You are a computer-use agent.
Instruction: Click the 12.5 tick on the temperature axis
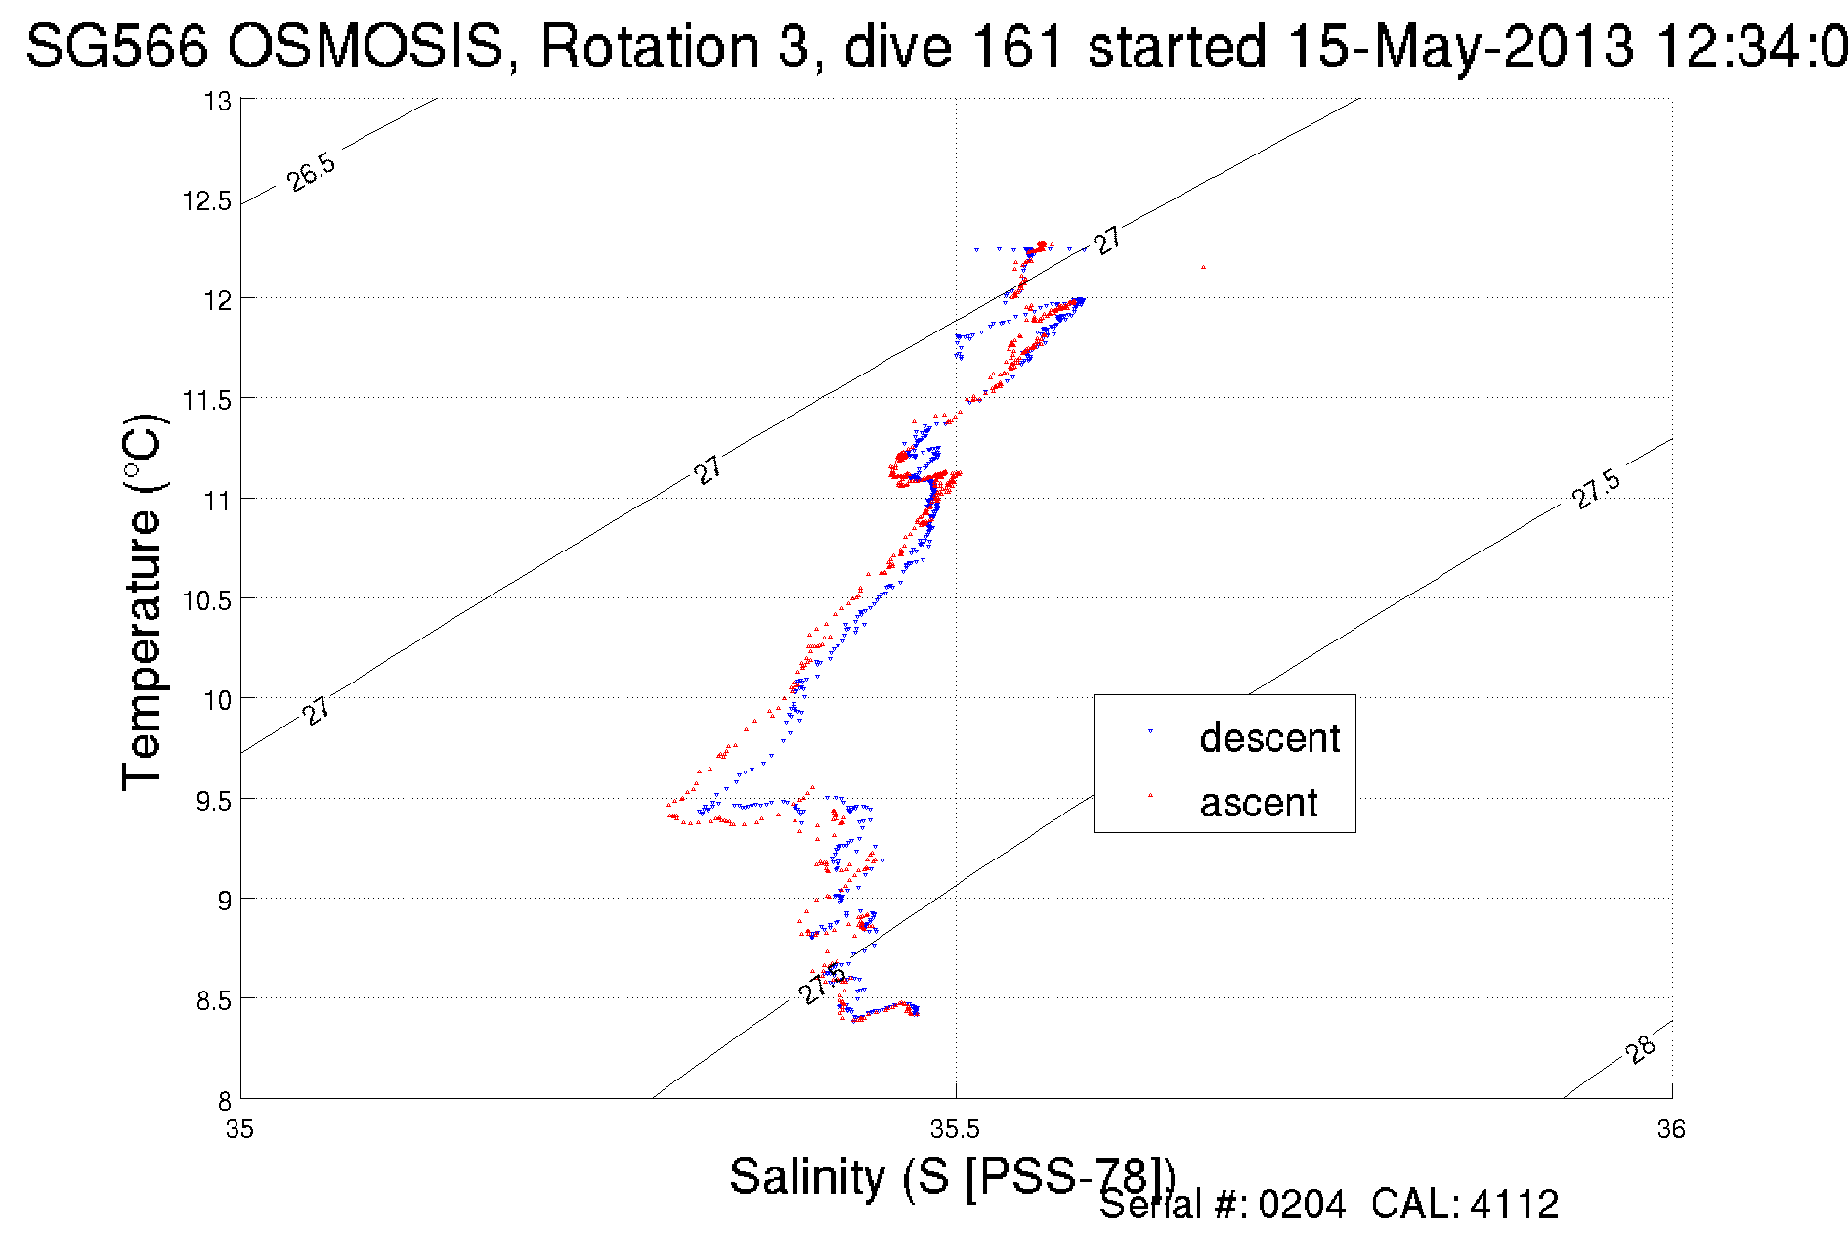[x=206, y=201]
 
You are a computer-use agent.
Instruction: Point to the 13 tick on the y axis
[x=217, y=102]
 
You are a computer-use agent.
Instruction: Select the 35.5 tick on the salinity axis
[x=955, y=1130]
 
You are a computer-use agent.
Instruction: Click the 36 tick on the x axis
[x=1671, y=1130]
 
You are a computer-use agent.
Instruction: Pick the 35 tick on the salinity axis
[x=240, y=1130]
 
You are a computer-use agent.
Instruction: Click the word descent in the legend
[x=1269, y=738]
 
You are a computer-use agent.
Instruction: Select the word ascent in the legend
[x=1259, y=803]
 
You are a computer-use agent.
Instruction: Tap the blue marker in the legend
[x=1150, y=731]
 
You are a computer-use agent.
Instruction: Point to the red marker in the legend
[x=1150, y=795]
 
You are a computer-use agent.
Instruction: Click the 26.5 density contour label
[x=312, y=172]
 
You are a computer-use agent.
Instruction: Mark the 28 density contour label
[x=1642, y=1048]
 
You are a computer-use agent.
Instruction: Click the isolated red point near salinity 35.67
[x=1203, y=267]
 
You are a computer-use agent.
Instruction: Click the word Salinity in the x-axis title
[x=806, y=1176]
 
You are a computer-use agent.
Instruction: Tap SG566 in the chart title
[x=117, y=46]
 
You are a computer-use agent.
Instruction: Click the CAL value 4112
[x=1514, y=1205]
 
